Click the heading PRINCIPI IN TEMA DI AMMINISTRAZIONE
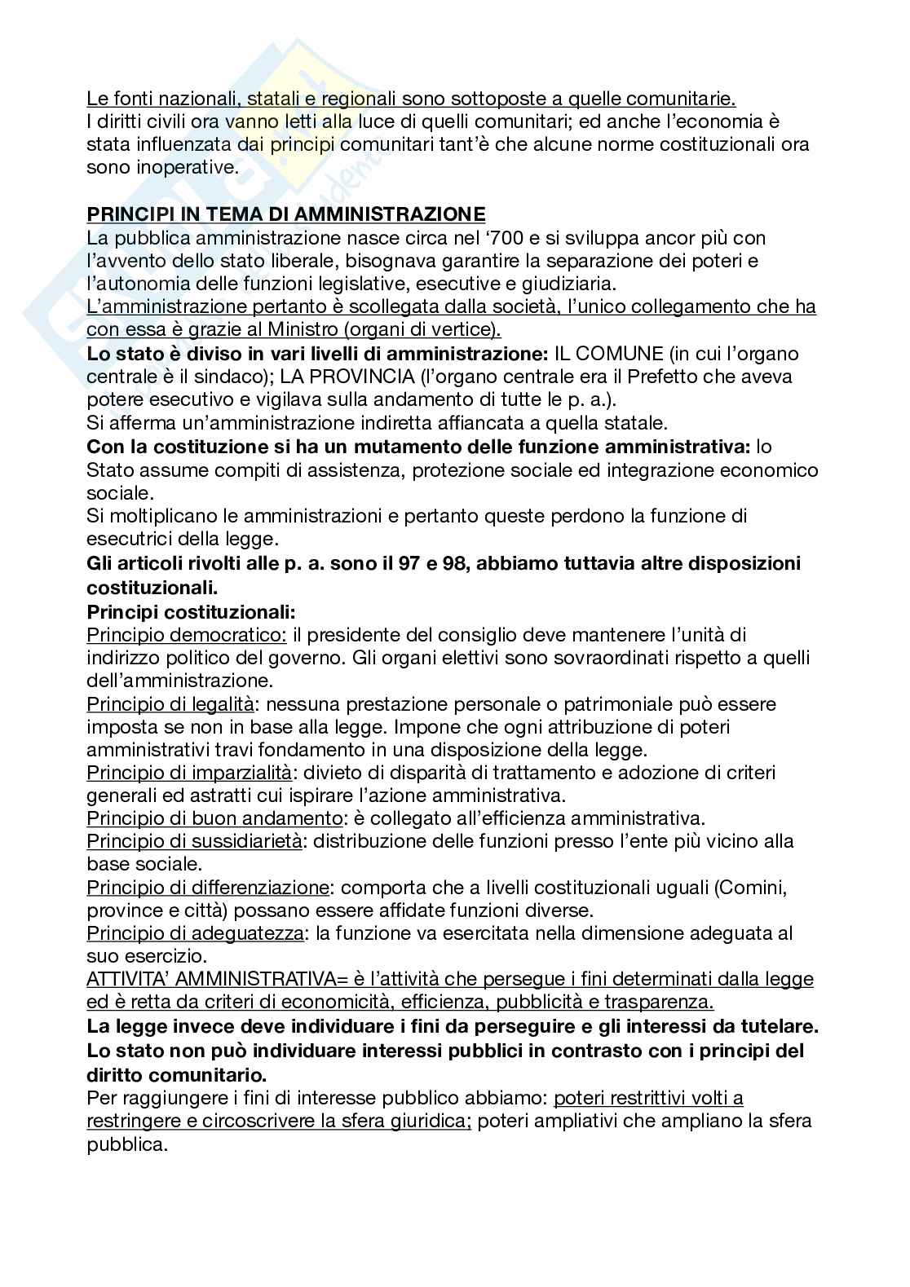[x=285, y=214]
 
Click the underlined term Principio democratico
[x=186, y=634]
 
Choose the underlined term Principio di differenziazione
[x=208, y=887]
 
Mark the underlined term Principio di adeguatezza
[x=196, y=933]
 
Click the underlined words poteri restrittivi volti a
[x=648, y=1098]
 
